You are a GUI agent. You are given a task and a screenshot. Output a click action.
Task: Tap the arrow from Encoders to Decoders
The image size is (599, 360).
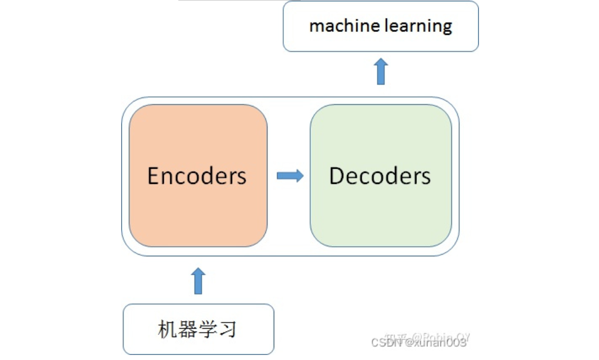click(x=290, y=176)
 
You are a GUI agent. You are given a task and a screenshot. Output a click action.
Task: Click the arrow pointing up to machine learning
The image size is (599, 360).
click(x=381, y=71)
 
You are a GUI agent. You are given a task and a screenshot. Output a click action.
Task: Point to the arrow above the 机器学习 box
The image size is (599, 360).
click(x=198, y=280)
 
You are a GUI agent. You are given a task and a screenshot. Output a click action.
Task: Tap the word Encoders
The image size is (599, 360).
click(x=197, y=176)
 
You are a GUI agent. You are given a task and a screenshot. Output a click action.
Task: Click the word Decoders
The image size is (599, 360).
click(x=380, y=176)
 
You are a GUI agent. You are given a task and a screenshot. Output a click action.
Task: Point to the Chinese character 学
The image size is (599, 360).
click(x=206, y=329)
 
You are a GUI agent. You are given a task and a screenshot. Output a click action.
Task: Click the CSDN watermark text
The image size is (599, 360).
click(x=418, y=343)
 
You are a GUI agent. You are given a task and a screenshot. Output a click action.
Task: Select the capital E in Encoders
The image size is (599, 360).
click(x=154, y=176)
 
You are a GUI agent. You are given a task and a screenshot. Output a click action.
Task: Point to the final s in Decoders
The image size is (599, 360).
click(x=426, y=177)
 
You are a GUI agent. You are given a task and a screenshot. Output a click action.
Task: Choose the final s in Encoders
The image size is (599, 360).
click(x=242, y=177)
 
